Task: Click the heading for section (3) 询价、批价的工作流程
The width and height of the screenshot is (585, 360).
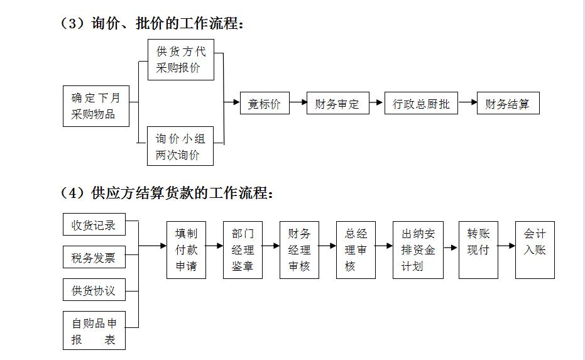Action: click(x=151, y=24)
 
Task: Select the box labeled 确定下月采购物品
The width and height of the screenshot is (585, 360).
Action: click(x=96, y=106)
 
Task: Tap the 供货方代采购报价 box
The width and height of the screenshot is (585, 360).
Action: click(x=180, y=60)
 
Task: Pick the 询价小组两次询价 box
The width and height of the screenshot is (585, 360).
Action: click(x=180, y=146)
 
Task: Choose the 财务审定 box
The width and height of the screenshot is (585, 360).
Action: click(x=337, y=104)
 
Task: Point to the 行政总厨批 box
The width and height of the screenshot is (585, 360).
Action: click(x=421, y=104)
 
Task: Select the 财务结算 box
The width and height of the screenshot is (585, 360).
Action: click(x=508, y=104)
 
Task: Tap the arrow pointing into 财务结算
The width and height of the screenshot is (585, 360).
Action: click(x=467, y=103)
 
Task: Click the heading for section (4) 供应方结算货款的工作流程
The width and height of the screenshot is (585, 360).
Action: click(x=167, y=193)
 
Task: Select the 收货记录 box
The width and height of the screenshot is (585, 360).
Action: click(x=94, y=225)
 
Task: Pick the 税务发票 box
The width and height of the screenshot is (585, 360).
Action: click(x=94, y=258)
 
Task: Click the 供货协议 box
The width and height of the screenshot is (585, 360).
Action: click(x=94, y=291)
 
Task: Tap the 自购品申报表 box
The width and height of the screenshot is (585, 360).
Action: click(x=94, y=330)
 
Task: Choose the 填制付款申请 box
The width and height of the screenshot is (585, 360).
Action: click(x=186, y=250)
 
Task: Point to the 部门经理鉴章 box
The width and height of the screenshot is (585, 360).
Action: click(x=243, y=250)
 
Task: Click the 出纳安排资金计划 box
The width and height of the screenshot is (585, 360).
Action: click(x=418, y=250)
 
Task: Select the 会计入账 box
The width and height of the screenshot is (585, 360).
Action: click(x=535, y=250)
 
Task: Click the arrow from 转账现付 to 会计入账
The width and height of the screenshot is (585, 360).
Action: click(x=506, y=246)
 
